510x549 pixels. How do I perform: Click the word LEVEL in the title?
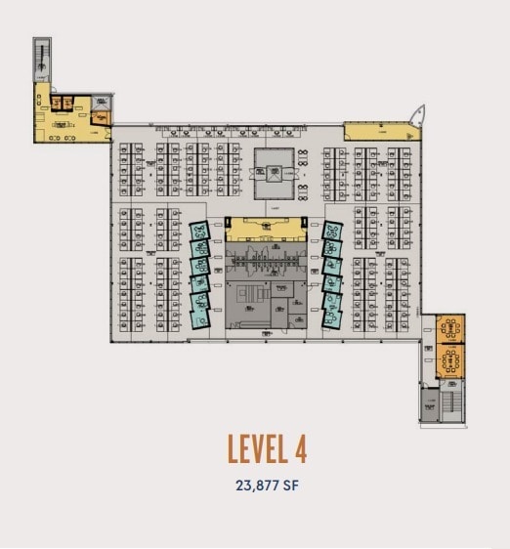click(256, 448)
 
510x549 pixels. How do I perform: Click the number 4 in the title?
click(299, 448)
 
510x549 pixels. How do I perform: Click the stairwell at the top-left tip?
click(41, 59)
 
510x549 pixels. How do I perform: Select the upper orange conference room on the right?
click(451, 329)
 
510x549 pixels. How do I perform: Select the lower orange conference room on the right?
click(451, 362)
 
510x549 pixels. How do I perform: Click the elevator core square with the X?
click(275, 168)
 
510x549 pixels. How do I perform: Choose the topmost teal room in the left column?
click(199, 232)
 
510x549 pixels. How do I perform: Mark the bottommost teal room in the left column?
click(201, 315)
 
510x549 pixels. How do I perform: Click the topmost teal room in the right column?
click(334, 232)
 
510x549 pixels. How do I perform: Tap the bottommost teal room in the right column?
click(331, 315)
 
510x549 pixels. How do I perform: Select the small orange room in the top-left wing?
click(102, 117)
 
